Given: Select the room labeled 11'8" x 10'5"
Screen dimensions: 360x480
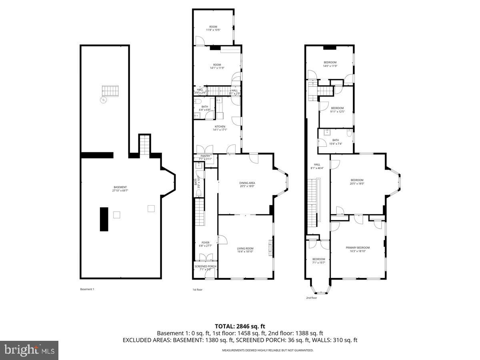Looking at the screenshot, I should point(213,28).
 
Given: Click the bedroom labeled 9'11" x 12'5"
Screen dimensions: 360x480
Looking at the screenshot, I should point(337,110).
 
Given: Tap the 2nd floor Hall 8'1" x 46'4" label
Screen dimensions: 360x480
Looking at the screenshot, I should point(317,166).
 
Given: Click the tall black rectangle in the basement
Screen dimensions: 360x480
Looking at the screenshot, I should point(104,219).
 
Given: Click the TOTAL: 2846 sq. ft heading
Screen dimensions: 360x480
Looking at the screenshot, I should point(240,326).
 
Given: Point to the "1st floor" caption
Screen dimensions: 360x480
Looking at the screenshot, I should point(198,289).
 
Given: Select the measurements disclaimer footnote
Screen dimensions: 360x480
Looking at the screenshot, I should point(268,350).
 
